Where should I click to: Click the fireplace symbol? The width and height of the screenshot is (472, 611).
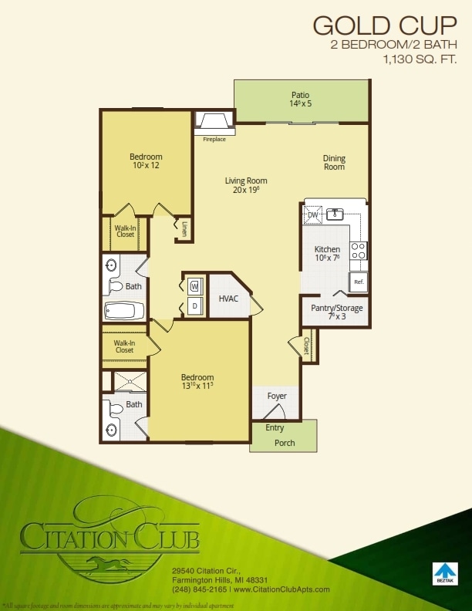click(x=213, y=121)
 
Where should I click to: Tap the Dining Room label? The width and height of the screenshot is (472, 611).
click(x=334, y=163)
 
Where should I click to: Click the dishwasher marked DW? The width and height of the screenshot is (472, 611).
click(x=313, y=215)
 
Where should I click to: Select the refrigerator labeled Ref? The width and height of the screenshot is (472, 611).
click(x=359, y=282)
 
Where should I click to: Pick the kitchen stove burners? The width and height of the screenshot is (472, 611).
click(x=359, y=250)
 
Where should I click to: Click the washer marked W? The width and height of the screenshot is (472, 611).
click(x=194, y=286)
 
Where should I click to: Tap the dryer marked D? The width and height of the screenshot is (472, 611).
click(x=194, y=306)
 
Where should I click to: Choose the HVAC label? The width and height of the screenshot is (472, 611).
click(x=228, y=297)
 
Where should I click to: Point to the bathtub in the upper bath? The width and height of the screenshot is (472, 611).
click(x=124, y=312)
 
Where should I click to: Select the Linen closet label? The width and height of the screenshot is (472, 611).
click(x=185, y=228)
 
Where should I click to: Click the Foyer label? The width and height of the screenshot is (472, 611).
click(x=277, y=397)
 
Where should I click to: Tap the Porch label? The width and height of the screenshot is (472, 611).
click(x=285, y=443)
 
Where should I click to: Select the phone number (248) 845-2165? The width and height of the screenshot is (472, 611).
click(x=200, y=589)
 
